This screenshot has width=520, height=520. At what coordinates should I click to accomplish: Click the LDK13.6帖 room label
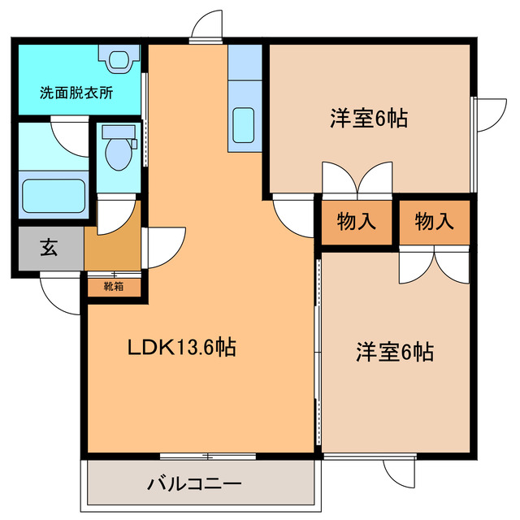pos(182,347)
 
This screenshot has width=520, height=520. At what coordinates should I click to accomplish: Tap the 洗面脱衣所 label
pos(76,93)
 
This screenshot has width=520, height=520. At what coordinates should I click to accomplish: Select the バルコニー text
pos(194,484)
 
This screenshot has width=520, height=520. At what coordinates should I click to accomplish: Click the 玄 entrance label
pos(49,248)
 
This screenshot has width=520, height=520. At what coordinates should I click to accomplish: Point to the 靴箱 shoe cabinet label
pos(114,286)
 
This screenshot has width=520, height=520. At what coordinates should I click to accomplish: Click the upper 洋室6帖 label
pos(369,119)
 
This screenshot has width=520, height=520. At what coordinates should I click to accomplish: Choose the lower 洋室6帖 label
pos(395,352)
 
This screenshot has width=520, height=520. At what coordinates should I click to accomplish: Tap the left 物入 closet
pos(357,222)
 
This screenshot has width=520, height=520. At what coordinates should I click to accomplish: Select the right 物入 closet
pos(435,222)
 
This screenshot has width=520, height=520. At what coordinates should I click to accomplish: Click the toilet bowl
pos(119,154)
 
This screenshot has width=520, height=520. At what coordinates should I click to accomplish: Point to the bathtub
pos(54,196)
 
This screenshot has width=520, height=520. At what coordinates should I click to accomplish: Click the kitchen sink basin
pos(244,125)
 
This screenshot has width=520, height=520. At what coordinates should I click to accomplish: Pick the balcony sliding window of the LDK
pos(208,457)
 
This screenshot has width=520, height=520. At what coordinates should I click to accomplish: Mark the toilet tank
pos(119,132)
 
